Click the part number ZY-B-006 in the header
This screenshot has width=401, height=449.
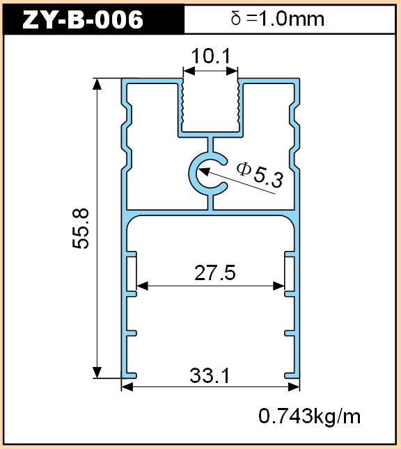pyautogui.click(x=83, y=19)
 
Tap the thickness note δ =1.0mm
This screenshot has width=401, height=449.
pyautogui.click(x=277, y=19)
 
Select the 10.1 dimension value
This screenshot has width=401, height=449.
pyautogui.click(x=211, y=56)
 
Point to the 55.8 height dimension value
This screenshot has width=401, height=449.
pyautogui.click(x=81, y=229)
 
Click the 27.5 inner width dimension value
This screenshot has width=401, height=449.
pyautogui.click(x=215, y=272)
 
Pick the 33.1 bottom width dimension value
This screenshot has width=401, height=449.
pyautogui.click(x=210, y=375)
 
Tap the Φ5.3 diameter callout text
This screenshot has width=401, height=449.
pyautogui.click(x=260, y=174)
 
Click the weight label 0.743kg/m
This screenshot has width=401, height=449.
pyautogui.click(x=310, y=416)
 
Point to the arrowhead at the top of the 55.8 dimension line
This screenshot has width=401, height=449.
pyautogui.click(x=97, y=83)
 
